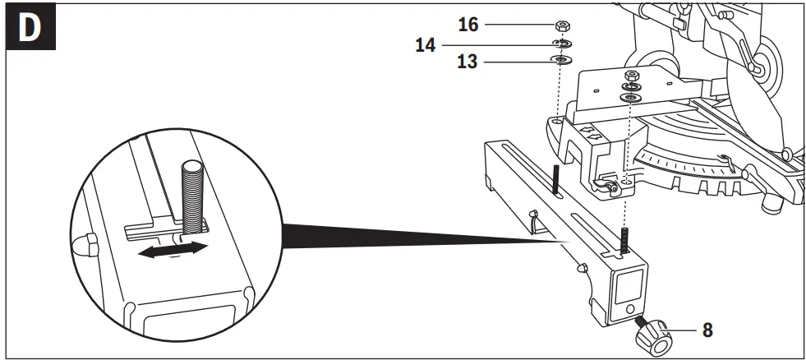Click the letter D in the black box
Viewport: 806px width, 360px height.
(30, 29)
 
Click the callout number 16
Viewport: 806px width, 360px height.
(468, 25)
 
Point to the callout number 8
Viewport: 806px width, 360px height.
(707, 330)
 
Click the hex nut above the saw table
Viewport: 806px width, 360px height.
(631, 76)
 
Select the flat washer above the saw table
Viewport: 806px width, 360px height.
(631, 97)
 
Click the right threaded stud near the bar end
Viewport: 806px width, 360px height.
(624, 240)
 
